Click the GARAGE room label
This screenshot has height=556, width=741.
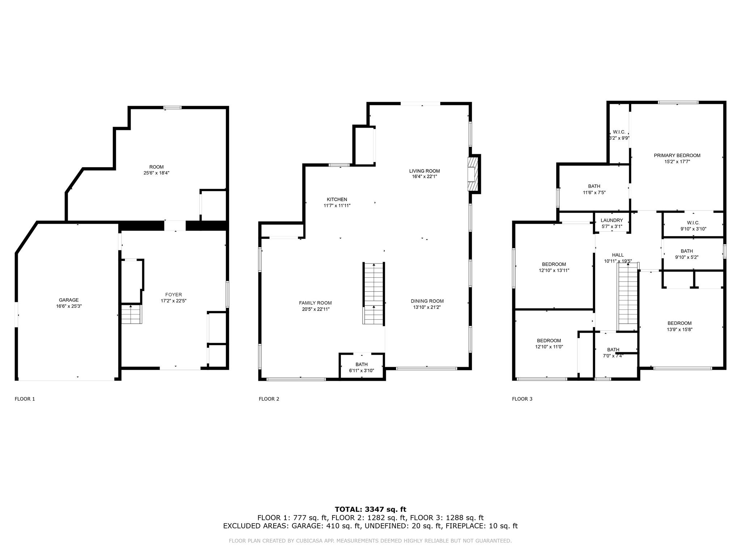pos(69,300)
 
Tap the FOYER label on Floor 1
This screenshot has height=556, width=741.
pos(174,295)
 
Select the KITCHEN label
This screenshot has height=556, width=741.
pos(337,199)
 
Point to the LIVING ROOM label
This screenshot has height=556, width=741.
pos(424,171)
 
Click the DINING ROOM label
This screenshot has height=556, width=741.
pos(427,301)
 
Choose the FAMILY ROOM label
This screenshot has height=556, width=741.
pos(315,303)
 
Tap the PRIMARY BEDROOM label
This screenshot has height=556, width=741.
pos(677,156)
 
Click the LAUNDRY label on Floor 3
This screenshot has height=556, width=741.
pos(612,220)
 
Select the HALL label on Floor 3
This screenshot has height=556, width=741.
pos(618,255)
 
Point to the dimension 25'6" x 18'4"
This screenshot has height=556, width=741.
pos(156,173)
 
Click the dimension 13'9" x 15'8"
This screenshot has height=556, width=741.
pos(679,329)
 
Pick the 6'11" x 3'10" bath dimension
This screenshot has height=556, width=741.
pos(361,371)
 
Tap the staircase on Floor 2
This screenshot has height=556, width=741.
pos(373,294)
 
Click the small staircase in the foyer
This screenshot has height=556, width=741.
pos(131,314)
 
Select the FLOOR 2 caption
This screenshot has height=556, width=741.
pos(269,399)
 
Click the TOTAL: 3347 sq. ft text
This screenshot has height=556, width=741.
pos(370,510)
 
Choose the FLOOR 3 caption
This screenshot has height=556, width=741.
pos(522,399)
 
